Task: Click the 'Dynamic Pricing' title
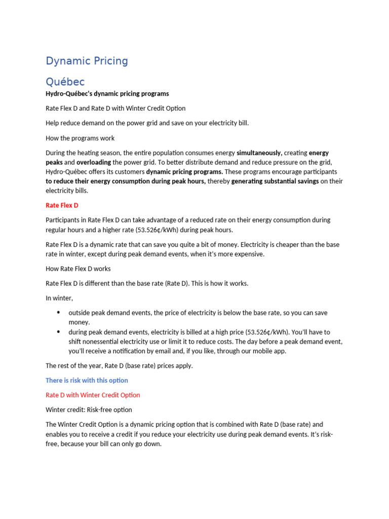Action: [x=87, y=61]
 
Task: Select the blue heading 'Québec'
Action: [x=65, y=82]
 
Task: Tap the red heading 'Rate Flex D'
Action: [x=62, y=205]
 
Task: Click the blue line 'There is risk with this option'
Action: [x=87, y=380]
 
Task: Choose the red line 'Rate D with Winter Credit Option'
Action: [x=93, y=395]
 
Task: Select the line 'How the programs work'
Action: [x=80, y=138]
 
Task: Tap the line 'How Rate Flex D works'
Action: [x=78, y=269]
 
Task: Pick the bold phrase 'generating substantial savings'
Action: [x=275, y=181]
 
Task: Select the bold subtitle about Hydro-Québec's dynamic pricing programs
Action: [x=107, y=94]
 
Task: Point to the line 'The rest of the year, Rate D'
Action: [x=119, y=365]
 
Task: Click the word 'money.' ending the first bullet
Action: [x=79, y=322]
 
